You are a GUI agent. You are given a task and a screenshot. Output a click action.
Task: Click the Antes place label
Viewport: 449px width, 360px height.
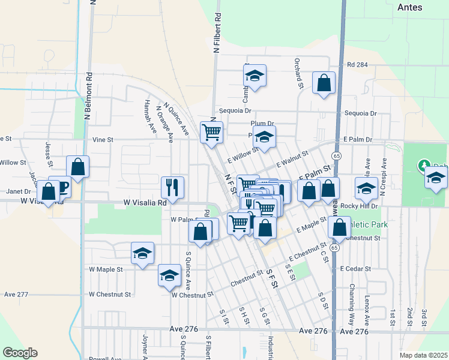coord(410,7)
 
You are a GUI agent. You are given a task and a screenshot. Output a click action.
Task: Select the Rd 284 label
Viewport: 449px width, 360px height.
coord(357,65)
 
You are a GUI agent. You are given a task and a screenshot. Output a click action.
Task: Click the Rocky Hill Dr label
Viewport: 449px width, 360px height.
coord(358,206)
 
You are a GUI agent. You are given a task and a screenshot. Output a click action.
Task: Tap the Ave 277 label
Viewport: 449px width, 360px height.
coord(16,295)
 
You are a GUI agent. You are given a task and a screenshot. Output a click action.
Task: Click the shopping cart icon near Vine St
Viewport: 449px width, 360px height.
coord(211,131)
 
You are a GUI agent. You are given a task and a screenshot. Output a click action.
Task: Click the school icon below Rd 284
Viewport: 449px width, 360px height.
coord(255,76)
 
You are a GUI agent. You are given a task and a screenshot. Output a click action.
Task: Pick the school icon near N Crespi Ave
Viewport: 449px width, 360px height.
coord(366,188)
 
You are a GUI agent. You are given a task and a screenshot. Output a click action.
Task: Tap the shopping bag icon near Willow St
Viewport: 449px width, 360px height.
coord(77,166)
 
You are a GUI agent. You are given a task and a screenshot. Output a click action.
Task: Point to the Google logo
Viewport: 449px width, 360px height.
coord(20,353)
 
